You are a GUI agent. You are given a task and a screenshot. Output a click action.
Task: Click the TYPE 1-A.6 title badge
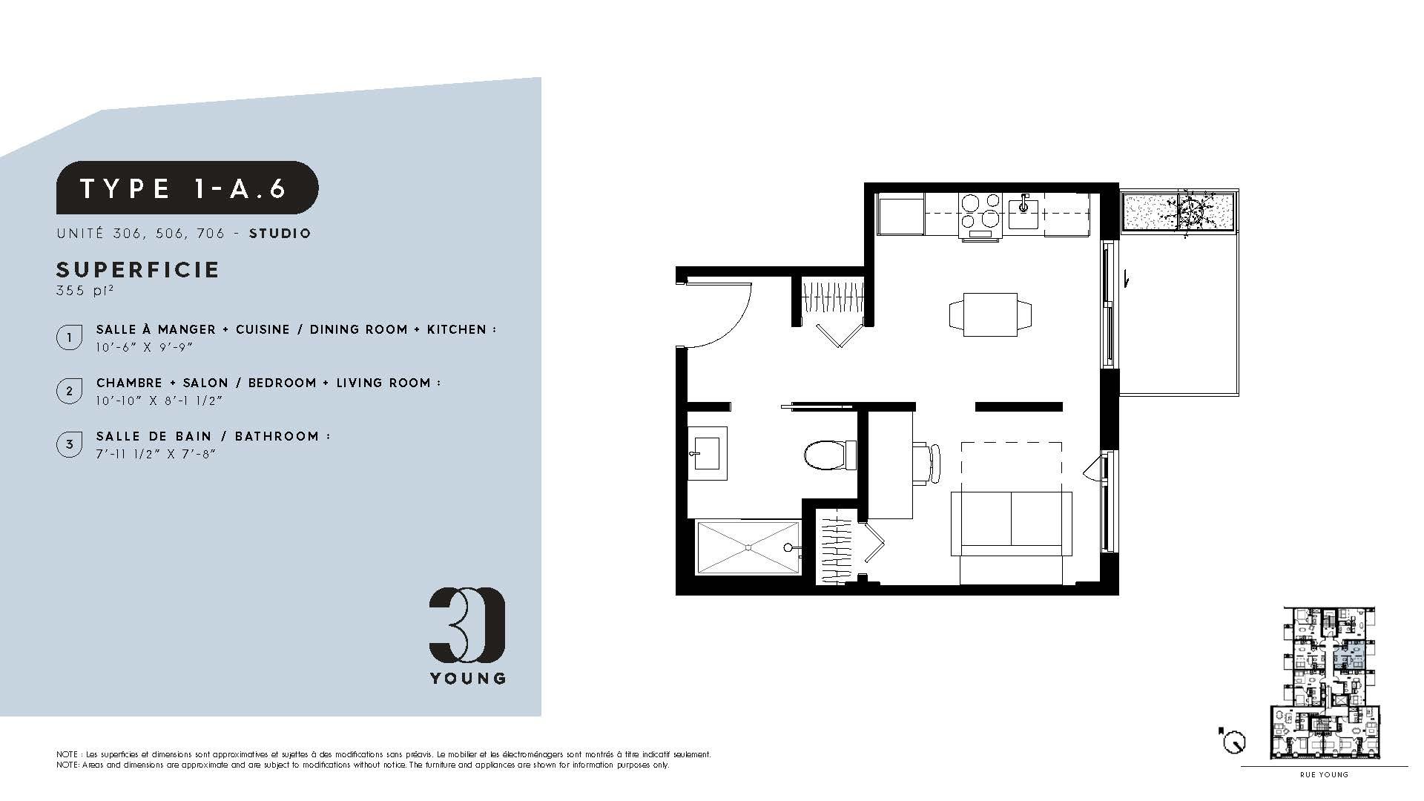pyautogui.click(x=188, y=188)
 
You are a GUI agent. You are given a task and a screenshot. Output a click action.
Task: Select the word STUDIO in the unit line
pyautogui.click(x=280, y=234)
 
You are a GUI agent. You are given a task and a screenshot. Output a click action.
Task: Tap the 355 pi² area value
pyautogui.click(x=85, y=291)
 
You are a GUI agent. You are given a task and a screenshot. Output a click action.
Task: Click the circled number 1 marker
pyautogui.click(x=70, y=337)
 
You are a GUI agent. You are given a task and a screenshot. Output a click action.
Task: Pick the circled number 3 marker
pyautogui.click(x=70, y=444)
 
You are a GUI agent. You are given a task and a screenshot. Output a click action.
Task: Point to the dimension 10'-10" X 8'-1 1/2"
pyautogui.click(x=159, y=400)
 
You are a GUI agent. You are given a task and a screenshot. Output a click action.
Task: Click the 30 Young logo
pyautogui.click(x=467, y=635)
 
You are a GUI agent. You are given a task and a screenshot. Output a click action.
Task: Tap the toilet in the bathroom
pyautogui.click(x=830, y=455)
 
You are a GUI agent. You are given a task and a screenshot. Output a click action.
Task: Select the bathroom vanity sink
pyautogui.click(x=707, y=453)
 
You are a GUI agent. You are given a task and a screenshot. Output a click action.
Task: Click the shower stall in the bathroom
pyautogui.click(x=748, y=547)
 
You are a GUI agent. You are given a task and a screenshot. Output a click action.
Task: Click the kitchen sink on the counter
pyautogui.click(x=1026, y=211)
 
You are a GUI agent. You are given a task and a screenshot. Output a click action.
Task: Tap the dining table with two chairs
pyautogui.click(x=990, y=314)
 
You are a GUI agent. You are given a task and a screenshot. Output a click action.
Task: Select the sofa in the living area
pyautogui.click(x=1012, y=523)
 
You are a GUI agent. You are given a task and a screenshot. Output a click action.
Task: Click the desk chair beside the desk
pyautogui.click(x=927, y=463)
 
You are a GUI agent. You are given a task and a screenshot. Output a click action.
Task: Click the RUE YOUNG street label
pyautogui.click(x=1324, y=775)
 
